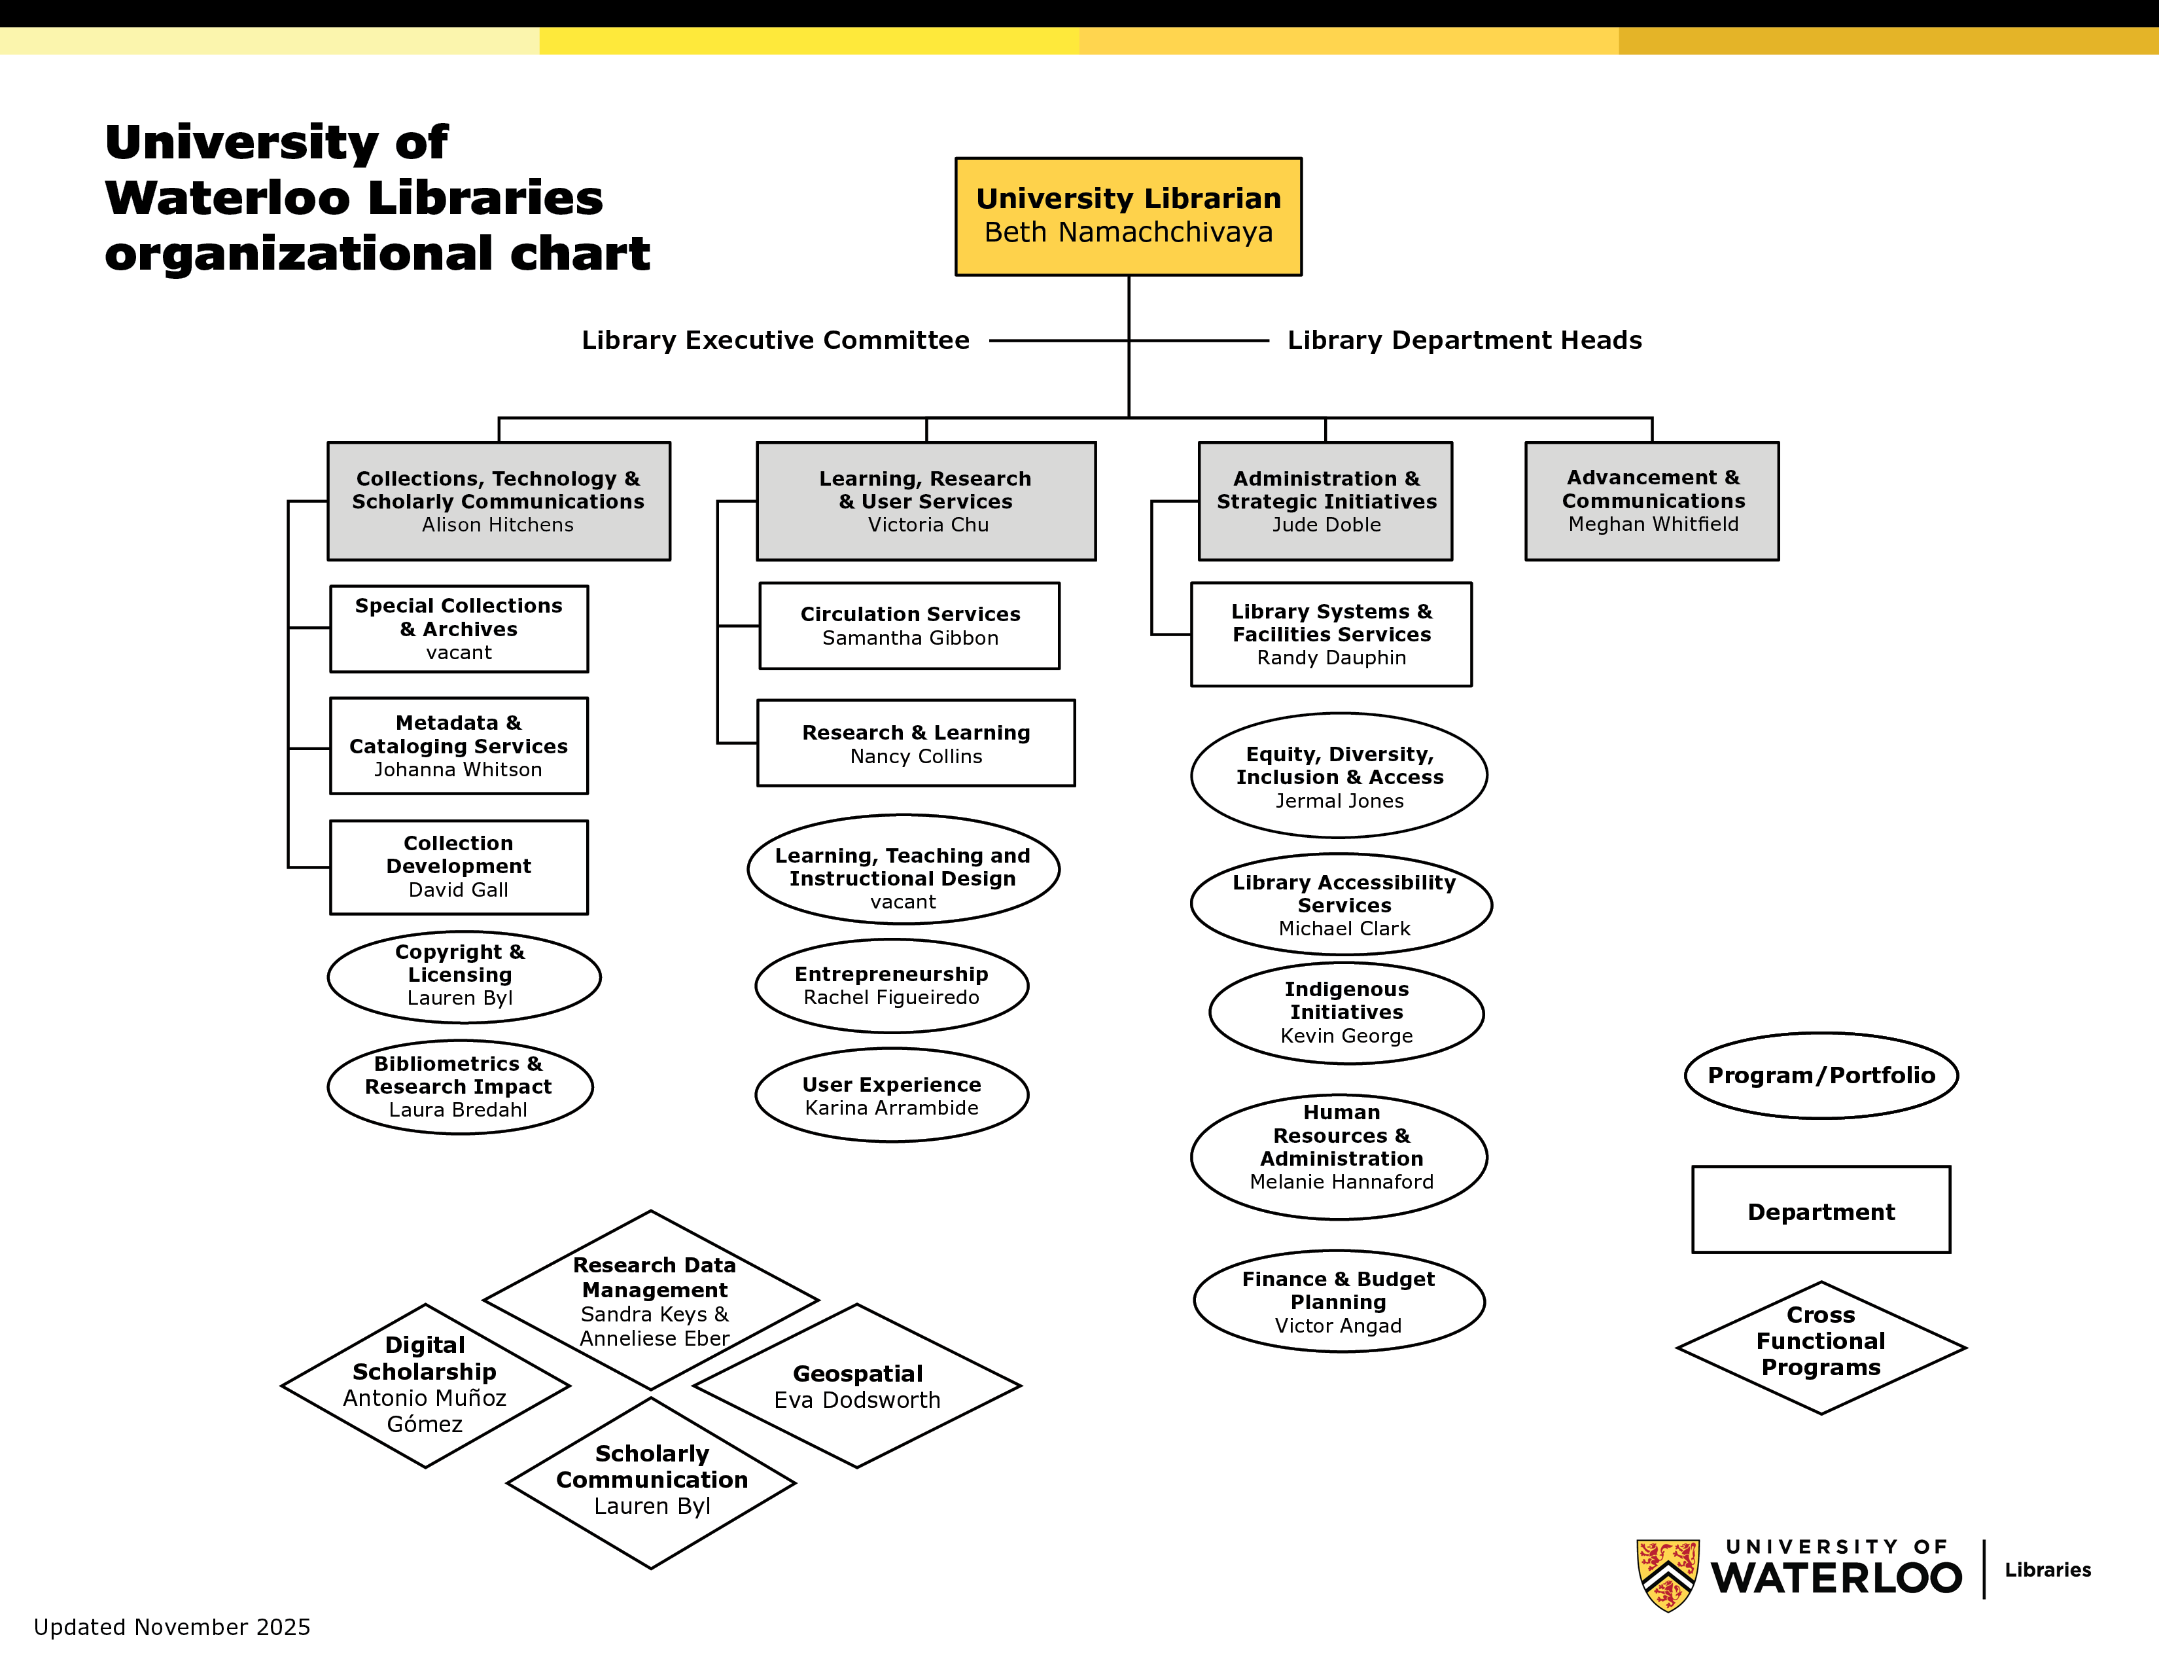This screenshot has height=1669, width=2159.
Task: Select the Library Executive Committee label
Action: point(775,340)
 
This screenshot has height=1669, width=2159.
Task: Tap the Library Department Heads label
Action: point(1464,340)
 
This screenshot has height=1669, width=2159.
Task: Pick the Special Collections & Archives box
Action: point(459,629)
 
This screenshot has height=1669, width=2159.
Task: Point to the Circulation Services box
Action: point(909,626)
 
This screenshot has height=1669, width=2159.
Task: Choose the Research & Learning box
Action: point(915,744)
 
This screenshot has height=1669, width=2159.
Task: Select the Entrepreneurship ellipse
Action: point(892,986)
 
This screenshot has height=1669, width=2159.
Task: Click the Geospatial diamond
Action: point(857,1386)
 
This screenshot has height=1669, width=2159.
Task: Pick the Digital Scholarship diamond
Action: point(425,1384)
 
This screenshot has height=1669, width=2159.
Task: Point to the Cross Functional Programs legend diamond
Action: point(1821,1347)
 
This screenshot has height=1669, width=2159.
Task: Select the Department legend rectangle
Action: point(1821,1210)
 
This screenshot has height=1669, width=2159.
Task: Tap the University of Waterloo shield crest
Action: point(1668,1573)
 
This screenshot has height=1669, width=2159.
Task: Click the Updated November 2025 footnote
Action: point(172,1626)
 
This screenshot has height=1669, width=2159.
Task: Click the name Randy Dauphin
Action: point(1331,658)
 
